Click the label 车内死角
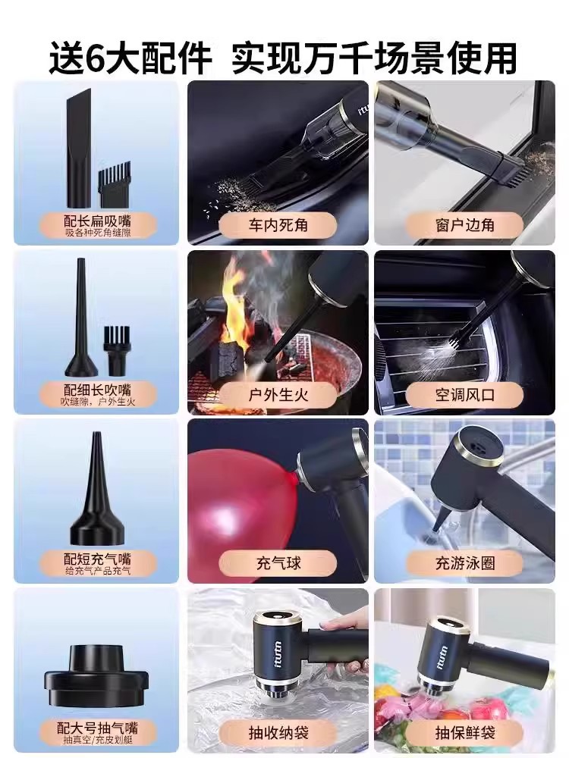click(278, 225)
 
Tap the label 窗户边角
click(464, 225)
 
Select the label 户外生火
click(278, 394)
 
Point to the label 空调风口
click(464, 394)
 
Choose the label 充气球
click(278, 563)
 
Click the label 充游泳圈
click(464, 563)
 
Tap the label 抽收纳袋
click(278, 732)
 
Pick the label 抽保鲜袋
click(464, 732)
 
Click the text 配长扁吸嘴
click(97, 221)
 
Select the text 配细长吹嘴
click(97, 390)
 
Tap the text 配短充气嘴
click(97, 559)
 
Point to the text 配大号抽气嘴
click(97, 727)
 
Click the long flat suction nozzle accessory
click(78, 150)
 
